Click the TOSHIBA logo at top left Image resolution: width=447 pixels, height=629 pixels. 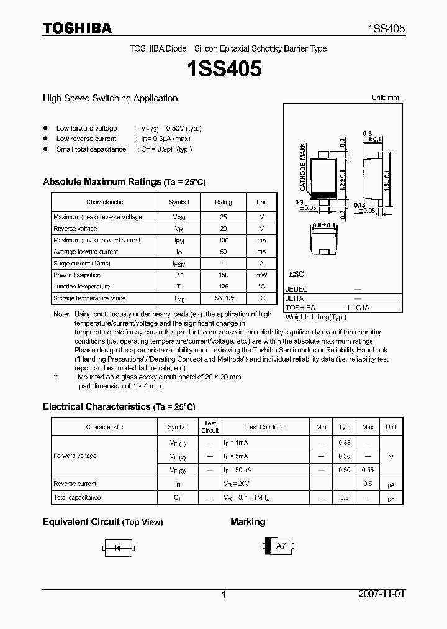[76, 28]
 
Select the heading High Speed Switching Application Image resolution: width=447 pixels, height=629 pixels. [110, 98]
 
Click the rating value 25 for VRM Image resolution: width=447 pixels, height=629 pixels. [223, 217]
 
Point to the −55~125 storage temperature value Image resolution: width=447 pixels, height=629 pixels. [223, 298]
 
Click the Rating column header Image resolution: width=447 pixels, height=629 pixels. [223, 202]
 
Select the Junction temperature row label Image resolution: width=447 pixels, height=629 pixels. [81, 287]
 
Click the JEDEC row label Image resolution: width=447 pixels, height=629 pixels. [296, 289]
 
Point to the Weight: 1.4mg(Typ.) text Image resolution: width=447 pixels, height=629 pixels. [316, 317]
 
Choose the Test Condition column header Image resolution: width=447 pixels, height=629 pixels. [265, 428]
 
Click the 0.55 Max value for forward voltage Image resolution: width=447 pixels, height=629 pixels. [368, 470]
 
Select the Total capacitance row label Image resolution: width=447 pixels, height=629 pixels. [77, 497]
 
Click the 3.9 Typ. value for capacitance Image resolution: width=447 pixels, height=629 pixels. [344, 497]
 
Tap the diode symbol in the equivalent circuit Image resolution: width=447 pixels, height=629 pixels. [117, 548]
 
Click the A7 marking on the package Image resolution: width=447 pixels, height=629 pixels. [281, 546]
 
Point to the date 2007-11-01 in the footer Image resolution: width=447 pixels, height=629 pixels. [382, 594]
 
